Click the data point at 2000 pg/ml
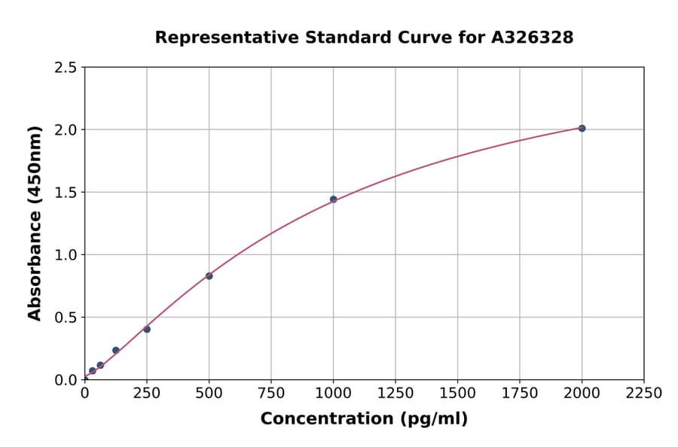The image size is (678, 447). (x=582, y=129)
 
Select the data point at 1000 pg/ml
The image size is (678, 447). (x=333, y=199)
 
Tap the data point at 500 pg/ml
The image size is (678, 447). (x=209, y=276)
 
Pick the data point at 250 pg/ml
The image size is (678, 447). (x=147, y=329)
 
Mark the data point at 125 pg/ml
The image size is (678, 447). (x=116, y=350)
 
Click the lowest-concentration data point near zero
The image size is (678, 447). (x=93, y=371)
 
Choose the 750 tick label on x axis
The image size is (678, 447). (x=271, y=394)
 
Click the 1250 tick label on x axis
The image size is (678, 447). (x=395, y=394)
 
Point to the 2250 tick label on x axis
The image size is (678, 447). (x=644, y=394)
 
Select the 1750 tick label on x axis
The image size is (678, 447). (x=520, y=394)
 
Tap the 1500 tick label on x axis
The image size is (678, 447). (x=457, y=394)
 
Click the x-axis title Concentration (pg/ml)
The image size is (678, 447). (x=364, y=419)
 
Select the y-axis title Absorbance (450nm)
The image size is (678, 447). (x=35, y=223)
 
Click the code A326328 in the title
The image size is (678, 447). (x=533, y=38)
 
